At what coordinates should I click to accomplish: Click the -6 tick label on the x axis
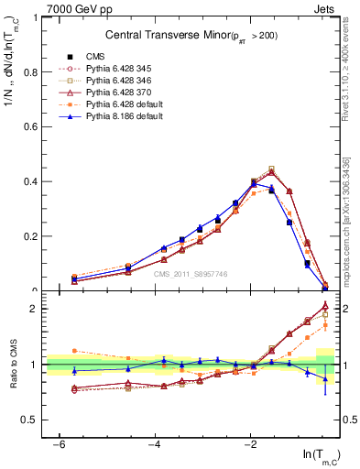(59, 444)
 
